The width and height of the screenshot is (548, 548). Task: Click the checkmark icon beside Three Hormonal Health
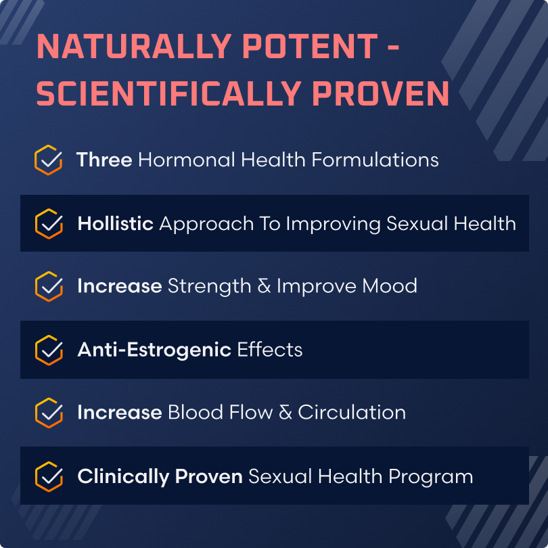(48, 160)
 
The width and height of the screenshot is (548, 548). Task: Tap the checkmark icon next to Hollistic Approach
(48, 223)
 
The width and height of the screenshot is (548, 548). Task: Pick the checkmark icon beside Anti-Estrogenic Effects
(48, 349)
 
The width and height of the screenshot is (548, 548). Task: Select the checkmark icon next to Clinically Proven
(48, 476)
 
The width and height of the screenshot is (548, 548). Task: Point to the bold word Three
(104, 160)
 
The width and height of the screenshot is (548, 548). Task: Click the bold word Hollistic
(115, 223)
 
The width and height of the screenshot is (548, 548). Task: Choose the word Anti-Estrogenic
(154, 349)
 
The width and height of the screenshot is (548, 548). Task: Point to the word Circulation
(352, 412)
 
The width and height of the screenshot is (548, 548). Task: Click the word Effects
(269, 349)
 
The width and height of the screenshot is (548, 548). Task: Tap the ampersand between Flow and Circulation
(286, 412)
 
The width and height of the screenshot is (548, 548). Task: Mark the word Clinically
(123, 476)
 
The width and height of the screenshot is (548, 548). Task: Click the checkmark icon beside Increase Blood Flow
(48, 412)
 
